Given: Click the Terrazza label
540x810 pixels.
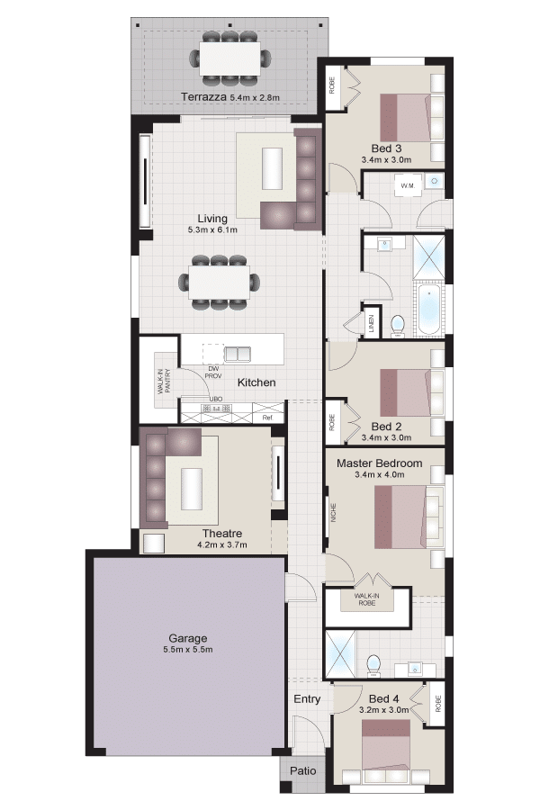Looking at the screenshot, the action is click(203, 96).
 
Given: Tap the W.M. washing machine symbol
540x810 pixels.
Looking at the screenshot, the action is click(409, 185).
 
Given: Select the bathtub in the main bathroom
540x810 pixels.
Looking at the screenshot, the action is click(430, 309).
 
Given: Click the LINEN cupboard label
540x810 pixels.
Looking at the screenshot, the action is click(371, 322).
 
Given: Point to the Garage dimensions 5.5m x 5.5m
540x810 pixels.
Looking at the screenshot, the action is click(187, 649).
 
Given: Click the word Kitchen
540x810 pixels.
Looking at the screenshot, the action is click(256, 382).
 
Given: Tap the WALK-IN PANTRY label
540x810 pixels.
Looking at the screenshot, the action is click(165, 382).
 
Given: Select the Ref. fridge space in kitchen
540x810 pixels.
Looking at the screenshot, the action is click(267, 417).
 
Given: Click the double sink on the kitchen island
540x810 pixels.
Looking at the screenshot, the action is click(238, 354).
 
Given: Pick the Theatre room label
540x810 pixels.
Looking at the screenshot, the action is click(222, 533).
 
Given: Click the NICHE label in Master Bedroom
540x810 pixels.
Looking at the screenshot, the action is click(333, 512).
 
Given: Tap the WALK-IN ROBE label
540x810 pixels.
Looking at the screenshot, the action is click(367, 599).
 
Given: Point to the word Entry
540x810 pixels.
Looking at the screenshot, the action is click(307, 699).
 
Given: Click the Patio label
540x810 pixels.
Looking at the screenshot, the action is click(302, 770).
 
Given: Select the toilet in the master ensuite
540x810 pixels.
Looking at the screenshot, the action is click(373, 665).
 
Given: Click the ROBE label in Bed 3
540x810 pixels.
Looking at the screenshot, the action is click(332, 85).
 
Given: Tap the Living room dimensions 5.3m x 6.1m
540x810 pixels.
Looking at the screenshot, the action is click(212, 229).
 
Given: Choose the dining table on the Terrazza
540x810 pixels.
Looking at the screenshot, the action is click(230, 58).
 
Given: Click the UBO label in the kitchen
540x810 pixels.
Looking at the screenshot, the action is click(215, 399).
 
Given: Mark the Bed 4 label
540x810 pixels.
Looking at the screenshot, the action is click(384, 698).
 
